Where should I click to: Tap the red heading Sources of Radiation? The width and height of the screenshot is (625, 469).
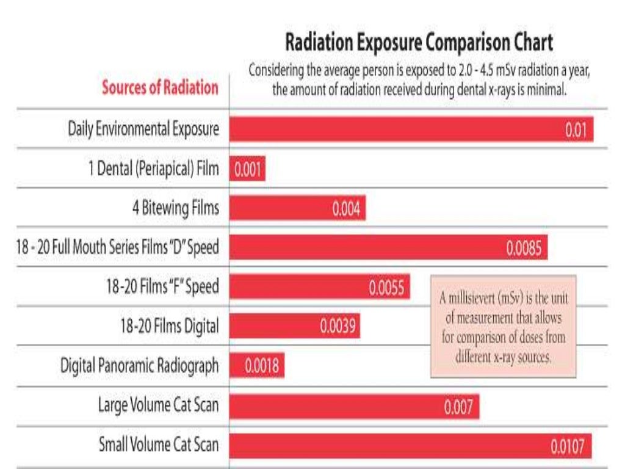pos(160,87)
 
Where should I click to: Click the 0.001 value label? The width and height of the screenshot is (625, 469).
pos(248,170)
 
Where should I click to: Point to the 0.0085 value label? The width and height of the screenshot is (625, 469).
pos(524,248)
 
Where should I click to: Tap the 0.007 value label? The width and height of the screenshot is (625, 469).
pos(458,407)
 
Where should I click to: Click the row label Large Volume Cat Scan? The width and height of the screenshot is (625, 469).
pos(158,405)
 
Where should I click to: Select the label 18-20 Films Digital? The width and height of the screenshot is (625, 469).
pos(169,326)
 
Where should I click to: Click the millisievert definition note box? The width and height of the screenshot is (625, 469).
pos(503,325)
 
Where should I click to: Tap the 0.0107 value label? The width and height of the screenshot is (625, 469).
pos(568,447)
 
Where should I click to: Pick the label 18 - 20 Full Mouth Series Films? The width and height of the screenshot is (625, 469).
pos(118,248)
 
